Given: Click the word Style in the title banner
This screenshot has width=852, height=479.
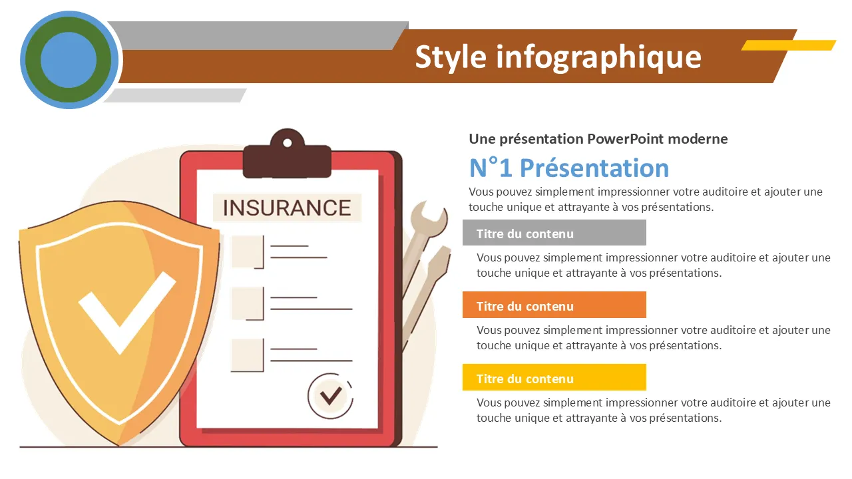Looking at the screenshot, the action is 451,58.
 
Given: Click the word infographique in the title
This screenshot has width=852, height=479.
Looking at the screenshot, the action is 598,58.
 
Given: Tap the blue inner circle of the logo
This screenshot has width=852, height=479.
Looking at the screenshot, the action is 69,60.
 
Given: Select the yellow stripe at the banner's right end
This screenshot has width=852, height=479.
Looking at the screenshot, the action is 789,45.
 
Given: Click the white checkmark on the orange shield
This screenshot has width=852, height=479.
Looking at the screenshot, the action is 126,313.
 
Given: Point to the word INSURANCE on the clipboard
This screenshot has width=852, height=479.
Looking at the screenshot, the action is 287,208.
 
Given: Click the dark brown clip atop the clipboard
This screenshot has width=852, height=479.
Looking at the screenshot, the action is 287,154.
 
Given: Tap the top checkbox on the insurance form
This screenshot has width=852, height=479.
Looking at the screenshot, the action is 248,251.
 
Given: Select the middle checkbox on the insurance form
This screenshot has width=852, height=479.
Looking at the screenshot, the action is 248,303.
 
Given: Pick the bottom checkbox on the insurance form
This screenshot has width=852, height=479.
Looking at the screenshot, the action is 248,355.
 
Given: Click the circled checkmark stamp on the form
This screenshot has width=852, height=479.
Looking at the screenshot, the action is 330,396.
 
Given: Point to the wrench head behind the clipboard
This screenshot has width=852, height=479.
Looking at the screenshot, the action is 431,220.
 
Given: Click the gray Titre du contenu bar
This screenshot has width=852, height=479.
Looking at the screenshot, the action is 554,233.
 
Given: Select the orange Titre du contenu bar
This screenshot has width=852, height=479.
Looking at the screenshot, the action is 554,305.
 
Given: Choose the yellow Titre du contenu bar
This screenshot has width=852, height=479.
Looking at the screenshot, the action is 554,377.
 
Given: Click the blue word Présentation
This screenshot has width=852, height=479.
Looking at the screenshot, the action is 594,168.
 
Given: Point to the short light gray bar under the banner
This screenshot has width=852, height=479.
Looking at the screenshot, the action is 175,95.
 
